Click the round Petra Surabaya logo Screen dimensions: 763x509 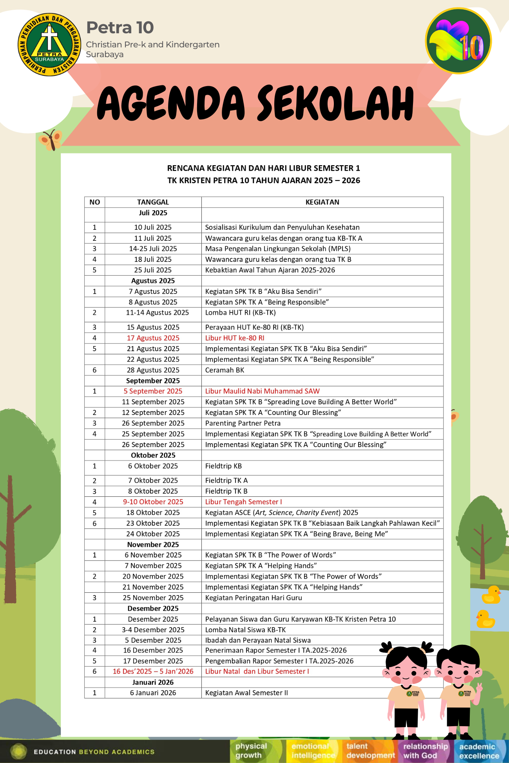click(x=49, y=44)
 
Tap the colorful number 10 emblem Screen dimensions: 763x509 click(x=458, y=41)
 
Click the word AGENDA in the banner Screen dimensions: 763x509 click(x=171, y=103)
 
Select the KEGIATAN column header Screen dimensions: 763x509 click(x=322, y=202)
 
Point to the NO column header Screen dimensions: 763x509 click(x=94, y=202)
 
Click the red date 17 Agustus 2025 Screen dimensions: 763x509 click(x=153, y=338)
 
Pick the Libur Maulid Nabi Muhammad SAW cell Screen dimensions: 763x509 click(x=262, y=391)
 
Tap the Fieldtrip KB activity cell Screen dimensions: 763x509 click(x=223, y=466)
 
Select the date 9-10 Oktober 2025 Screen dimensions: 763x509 click(x=153, y=502)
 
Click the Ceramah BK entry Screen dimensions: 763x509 click(x=225, y=370)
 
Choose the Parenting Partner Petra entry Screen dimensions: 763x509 click(x=243, y=423)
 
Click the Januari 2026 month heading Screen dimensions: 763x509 click(x=153, y=682)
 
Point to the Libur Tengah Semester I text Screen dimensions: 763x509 click(x=243, y=502)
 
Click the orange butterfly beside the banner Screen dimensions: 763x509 click(x=51, y=140)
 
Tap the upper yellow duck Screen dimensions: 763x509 click(x=491, y=595)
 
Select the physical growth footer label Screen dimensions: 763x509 click(x=251, y=751)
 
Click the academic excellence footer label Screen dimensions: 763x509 click(x=479, y=751)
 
